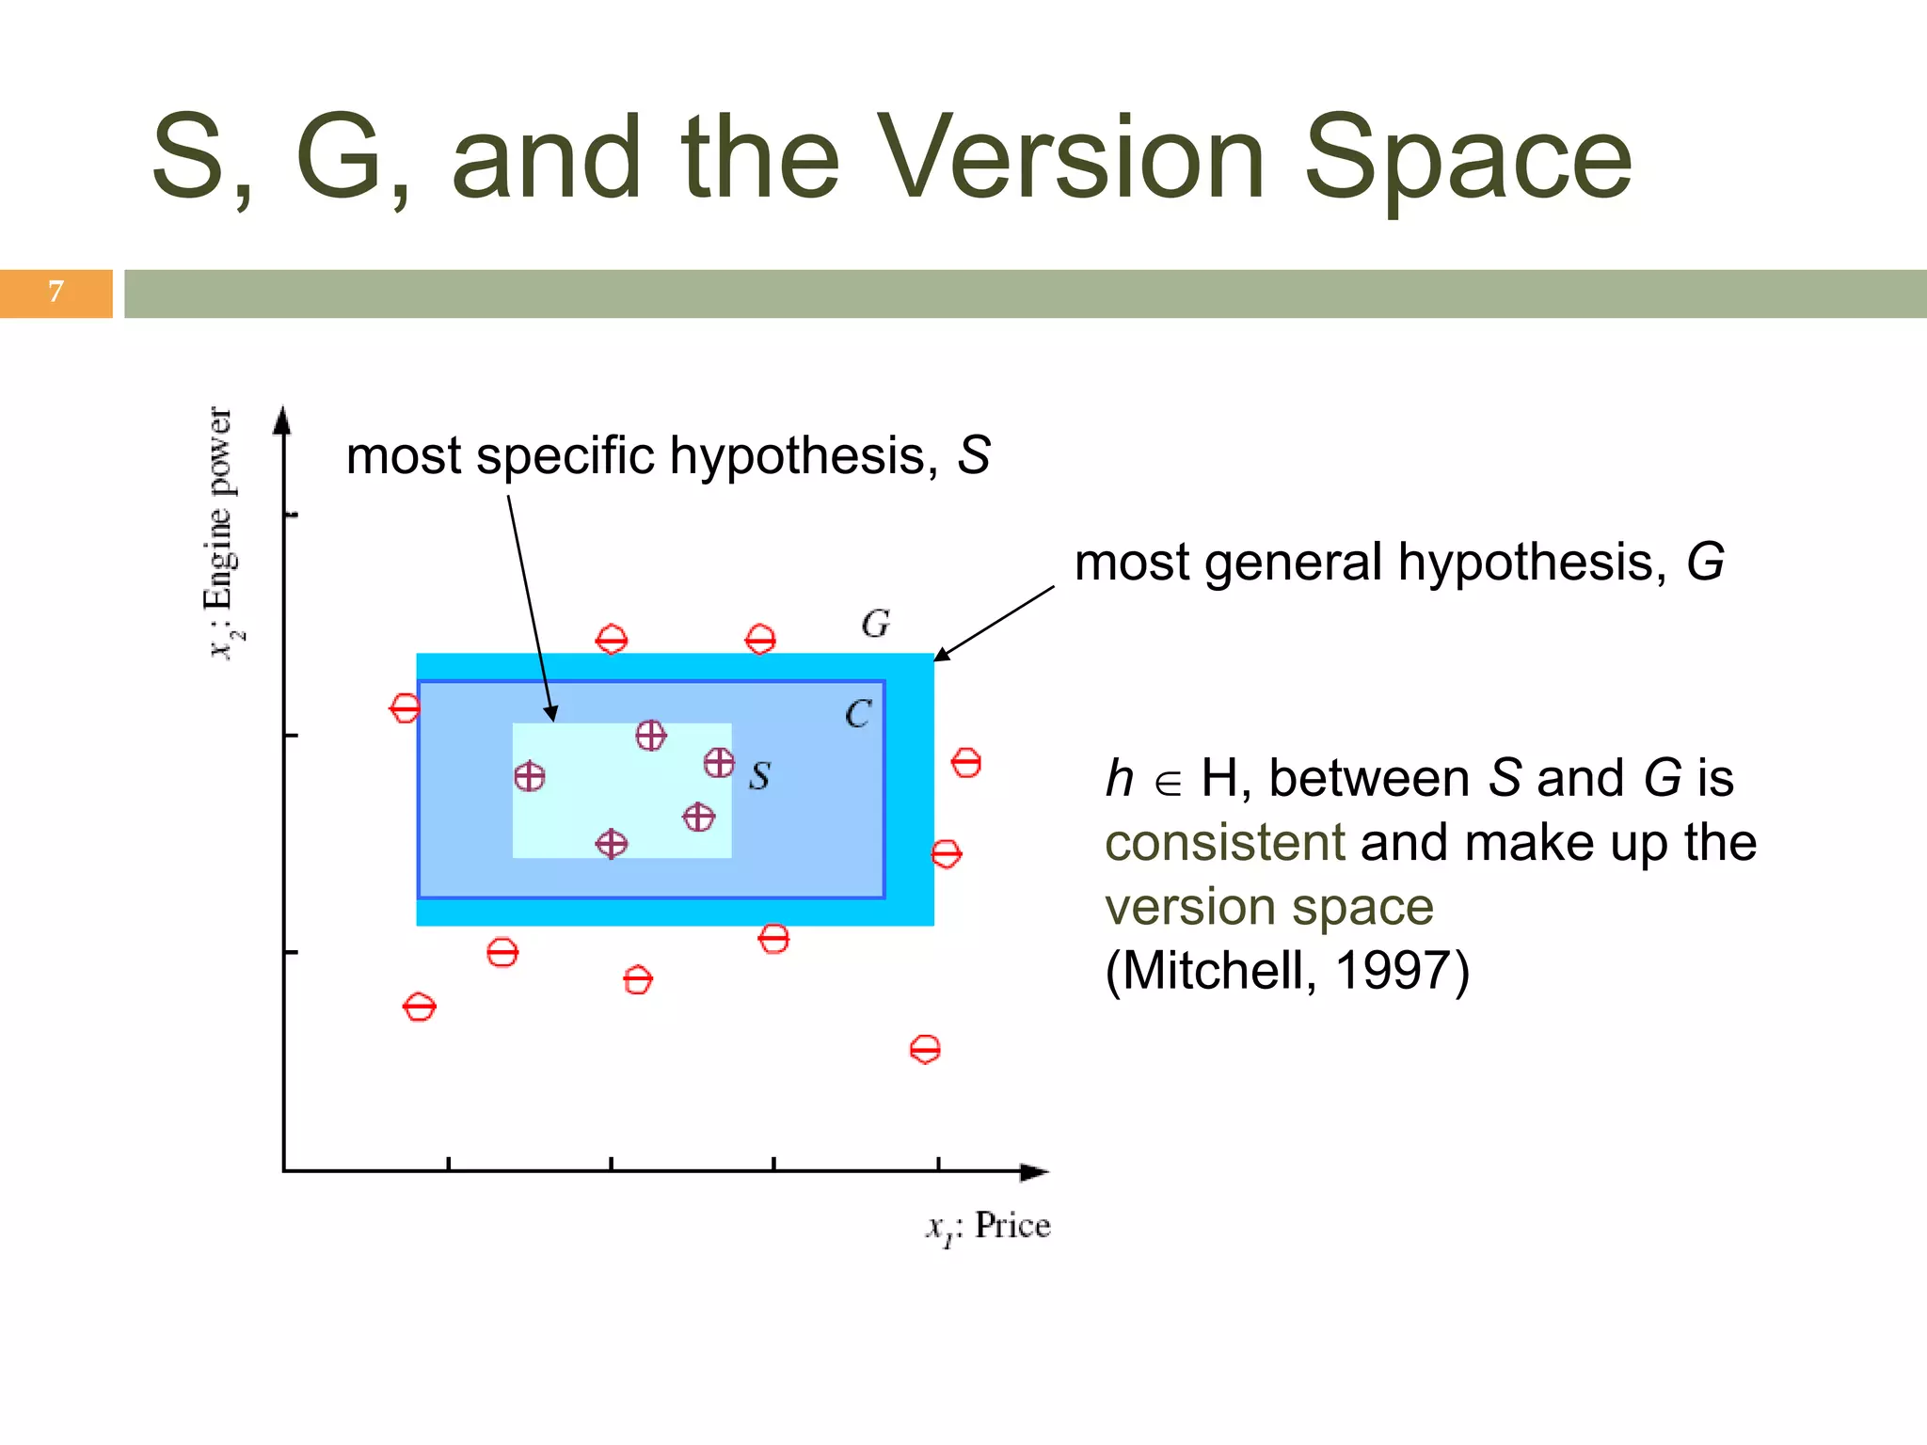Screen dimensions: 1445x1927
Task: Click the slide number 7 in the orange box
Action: (56, 292)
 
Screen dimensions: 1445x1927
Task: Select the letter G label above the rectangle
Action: (875, 624)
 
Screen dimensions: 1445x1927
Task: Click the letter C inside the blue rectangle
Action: (857, 714)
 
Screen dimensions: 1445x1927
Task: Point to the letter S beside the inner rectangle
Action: (759, 776)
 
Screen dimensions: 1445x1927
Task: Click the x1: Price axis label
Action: (988, 1227)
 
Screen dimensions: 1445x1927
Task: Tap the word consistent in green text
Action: (1224, 842)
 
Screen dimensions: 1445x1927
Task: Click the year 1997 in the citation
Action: (1392, 970)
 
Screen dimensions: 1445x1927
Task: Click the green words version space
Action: (1268, 906)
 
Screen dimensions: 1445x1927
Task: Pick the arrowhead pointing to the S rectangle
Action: (551, 714)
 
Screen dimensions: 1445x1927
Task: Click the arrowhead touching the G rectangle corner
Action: (941, 655)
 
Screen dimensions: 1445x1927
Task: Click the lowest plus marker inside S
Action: (612, 844)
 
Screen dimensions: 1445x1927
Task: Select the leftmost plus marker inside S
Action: (530, 777)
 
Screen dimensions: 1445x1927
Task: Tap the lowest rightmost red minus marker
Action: (925, 1049)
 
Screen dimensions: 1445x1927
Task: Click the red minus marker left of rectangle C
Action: (405, 707)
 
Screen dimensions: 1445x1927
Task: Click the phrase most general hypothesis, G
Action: (1398, 563)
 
